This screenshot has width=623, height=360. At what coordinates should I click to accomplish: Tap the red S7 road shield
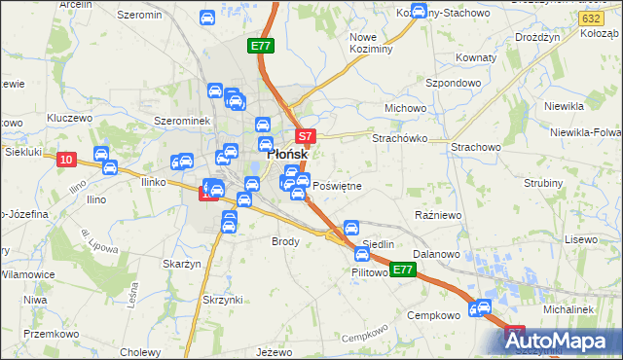click(x=305, y=137)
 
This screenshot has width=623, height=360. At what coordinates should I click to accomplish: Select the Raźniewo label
click(x=435, y=213)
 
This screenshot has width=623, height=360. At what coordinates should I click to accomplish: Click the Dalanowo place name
click(x=435, y=253)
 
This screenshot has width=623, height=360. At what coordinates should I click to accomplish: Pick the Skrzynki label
click(x=222, y=299)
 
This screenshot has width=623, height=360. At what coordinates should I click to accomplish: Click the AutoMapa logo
click(x=560, y=342)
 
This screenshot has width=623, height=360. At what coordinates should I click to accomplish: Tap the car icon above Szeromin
click(x=206, y=18)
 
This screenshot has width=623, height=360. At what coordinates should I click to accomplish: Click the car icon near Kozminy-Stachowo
click(x=419, y=13)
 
